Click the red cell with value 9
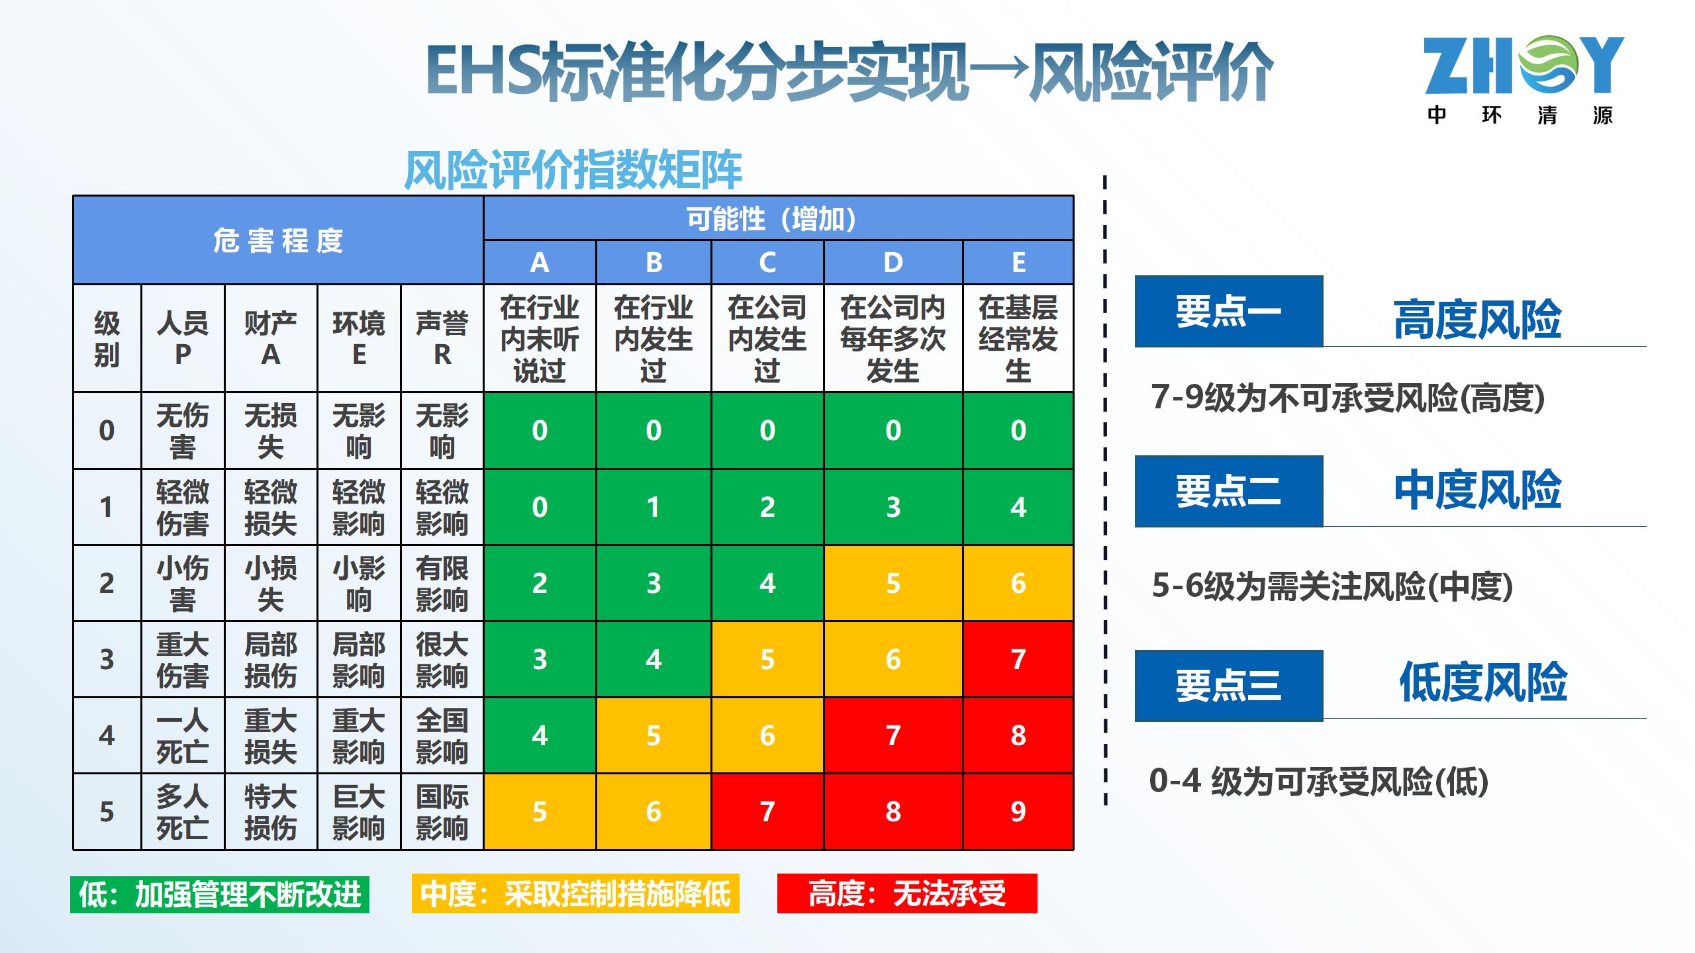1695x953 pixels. click(x=1018, y=811)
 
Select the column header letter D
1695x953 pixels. click(x=893, y=263)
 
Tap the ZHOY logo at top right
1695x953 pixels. click(x=1524, y=79)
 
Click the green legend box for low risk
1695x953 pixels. click(x=220, y=895)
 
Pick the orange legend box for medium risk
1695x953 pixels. click(x=575, y=894)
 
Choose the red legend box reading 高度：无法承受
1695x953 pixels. click(x=907, y=894)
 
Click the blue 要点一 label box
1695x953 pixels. click(x=1228, y=311)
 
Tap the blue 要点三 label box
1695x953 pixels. click(x=1228, y=685)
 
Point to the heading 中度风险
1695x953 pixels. click(x=1477, y=490)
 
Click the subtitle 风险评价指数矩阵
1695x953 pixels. click(x=573, y=171)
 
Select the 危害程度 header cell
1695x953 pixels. click(x=278, y=240)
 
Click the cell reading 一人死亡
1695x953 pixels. click(x=183, y=735)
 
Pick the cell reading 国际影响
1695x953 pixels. click(x=442, y=811)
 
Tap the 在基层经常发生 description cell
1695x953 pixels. click(x=1018, y=338)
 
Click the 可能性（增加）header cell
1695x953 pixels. click(x=778, y=218)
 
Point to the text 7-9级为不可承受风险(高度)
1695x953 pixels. click(x=1347, y=398)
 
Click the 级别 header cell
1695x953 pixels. click(x=107, y=338)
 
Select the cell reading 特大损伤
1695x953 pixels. click(x=270, y=811)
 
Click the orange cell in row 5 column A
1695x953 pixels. click(x=540, y=811)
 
